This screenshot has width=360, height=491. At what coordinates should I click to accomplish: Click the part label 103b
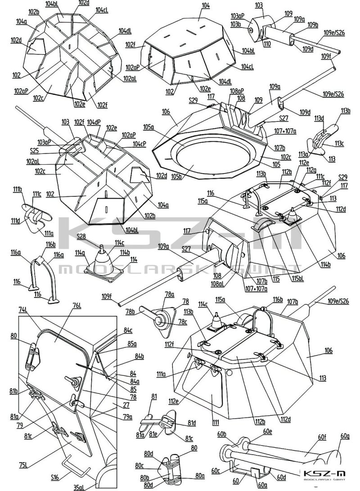[236, 24]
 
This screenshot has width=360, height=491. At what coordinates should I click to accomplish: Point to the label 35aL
[78, 487]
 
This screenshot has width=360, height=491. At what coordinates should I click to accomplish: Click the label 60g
[345, 436]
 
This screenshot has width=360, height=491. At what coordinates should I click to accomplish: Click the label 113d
[319, 118]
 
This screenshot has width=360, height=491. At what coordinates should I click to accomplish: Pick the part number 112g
[311, 170]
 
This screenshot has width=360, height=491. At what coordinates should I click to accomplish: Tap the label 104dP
[94, 122]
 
